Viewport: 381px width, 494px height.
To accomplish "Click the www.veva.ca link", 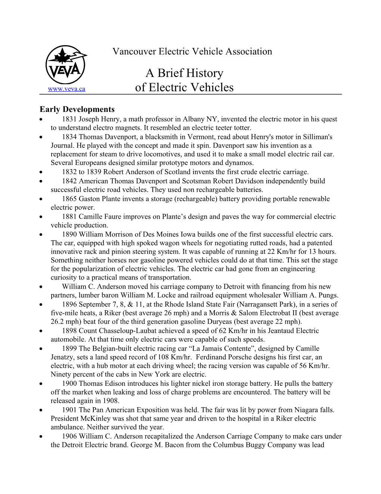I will pyautogui.click(x=66, y=89).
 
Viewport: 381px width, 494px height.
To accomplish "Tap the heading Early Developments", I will pyautogui.click(x=77, y=109).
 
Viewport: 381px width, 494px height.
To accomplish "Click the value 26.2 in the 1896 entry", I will pyautogui.click(x=57, y=322).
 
